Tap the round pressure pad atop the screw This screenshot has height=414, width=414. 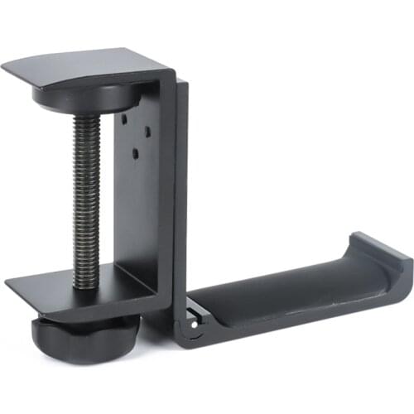(x=85, y=98)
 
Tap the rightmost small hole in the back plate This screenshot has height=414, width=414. (x=146, y=130)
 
